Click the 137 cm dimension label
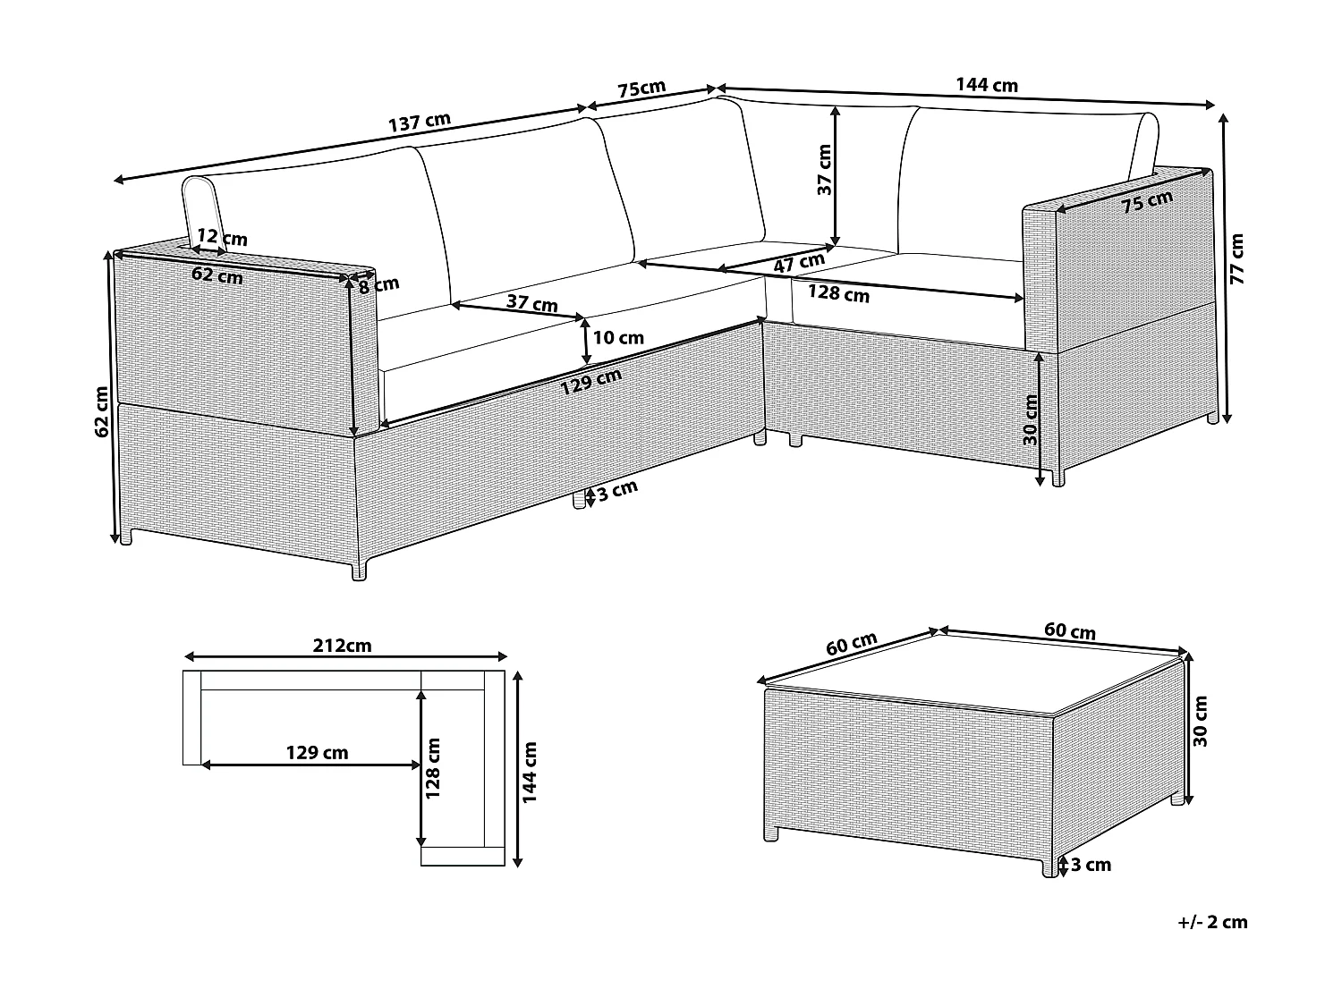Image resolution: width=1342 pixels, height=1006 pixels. (x=420, y=123)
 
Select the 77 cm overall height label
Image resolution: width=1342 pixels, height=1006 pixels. (x=1237, y=258)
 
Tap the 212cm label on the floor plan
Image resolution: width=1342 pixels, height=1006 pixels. (x=342, y=645)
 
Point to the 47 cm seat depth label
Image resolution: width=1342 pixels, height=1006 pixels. (x=798, y=263)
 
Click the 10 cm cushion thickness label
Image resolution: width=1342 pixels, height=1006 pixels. (x=618, y=338)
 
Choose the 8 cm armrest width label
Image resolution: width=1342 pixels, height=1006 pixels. (x=378, y=285)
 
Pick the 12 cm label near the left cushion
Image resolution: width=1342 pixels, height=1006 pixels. (x=222, y=238)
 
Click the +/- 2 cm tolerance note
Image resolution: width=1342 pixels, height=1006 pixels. (x=1212, y=922)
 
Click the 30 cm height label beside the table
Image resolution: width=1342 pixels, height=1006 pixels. (x=1201, y=723)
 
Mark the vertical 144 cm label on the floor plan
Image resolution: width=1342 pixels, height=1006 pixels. (x=530, y=772)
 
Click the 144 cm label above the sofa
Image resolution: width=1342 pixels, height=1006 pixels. (x=987, y=85)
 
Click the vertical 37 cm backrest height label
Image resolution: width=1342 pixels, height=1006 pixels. (x=824, y=170)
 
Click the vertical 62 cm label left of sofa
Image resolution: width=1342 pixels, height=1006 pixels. (x=102, y=410)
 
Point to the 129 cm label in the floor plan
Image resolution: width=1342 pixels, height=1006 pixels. (x=317, y=753)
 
